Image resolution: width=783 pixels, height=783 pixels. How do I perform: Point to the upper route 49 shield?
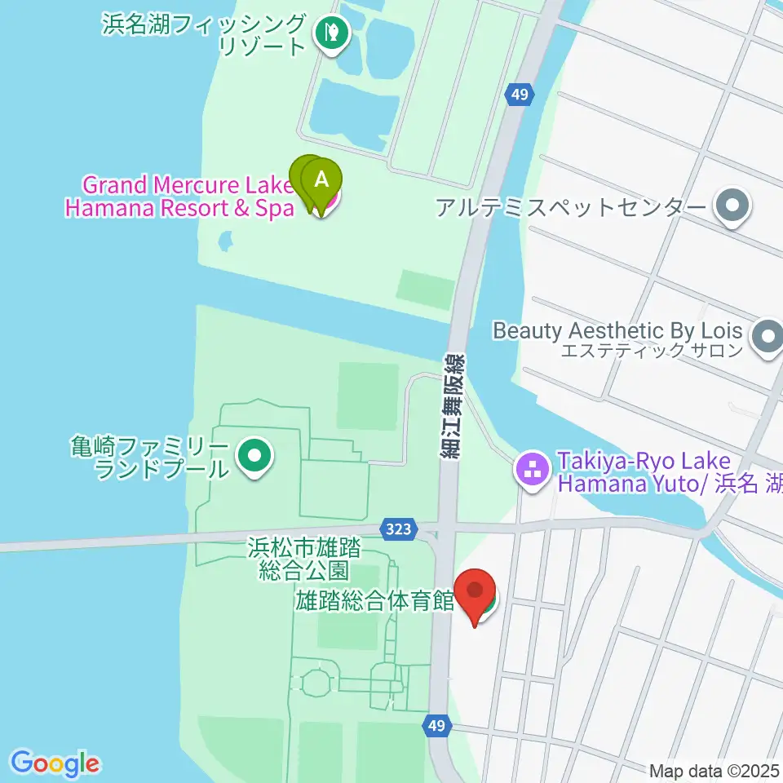click(x=520, y=95)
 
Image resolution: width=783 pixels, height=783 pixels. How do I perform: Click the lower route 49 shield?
click(x=436, y=724)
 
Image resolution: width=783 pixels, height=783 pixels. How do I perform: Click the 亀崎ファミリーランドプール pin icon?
click(x=253, y=457)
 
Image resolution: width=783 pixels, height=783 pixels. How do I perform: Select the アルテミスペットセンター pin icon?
click(x=732, y=206)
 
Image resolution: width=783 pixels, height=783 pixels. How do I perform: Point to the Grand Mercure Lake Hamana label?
click(x=179, y=197)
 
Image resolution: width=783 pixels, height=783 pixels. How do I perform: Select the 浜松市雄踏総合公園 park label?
click(x=303, y=558)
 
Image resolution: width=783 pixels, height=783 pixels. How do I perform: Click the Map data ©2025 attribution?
click(x=714, y=770)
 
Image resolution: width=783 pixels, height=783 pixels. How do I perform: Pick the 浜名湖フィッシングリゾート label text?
click(x=205, y=34)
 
